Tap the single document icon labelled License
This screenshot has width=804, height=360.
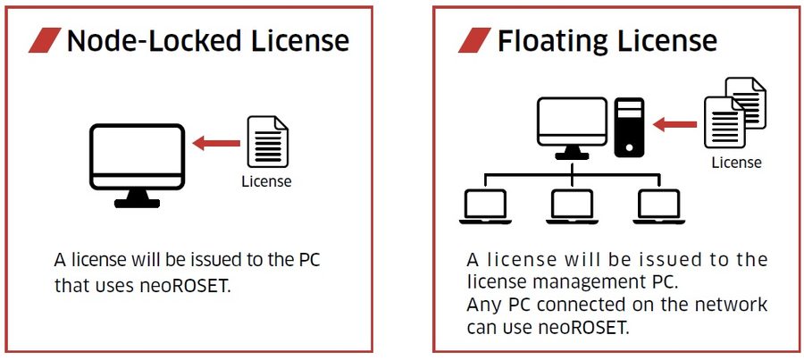tap(266, 142)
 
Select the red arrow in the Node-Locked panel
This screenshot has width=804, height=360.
tap(216, 142)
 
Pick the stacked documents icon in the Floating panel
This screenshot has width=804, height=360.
tap(734, 112)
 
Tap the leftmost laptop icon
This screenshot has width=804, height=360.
tap(483, 206)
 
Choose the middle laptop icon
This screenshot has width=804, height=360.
tap(572, 206)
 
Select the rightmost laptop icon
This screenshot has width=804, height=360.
tap(659, 206)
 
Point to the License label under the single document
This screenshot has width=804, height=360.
tap(266, 181)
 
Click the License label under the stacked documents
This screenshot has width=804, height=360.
tap(736, 163)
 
